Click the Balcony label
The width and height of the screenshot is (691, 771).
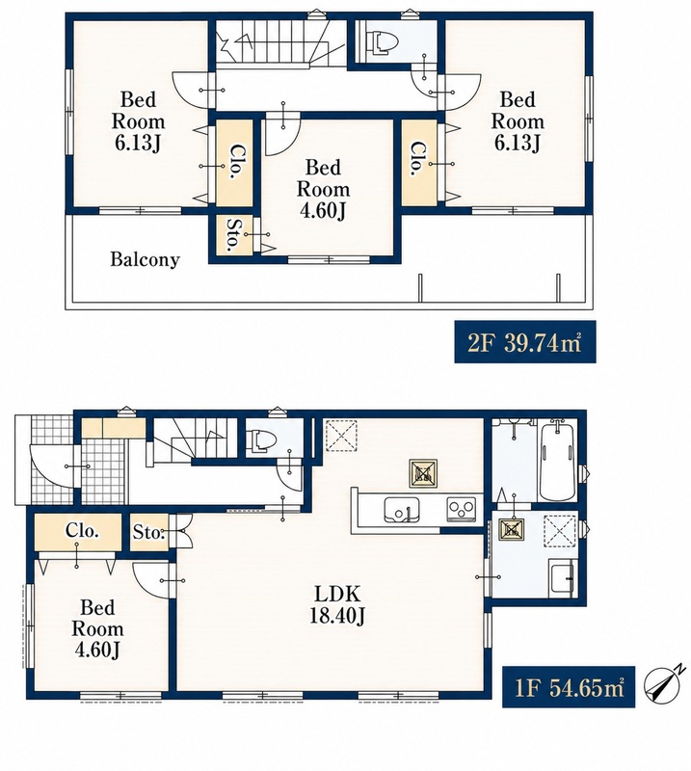pyautogui.click(x=145, y=259)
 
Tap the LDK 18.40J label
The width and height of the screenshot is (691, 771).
pyautogui.click(x=337, y=604)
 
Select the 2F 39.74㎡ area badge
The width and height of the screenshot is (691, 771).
pyautogui.click(x=525, y=342)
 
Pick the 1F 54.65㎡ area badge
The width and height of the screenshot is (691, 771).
pyautogui.click(x=568, y=687)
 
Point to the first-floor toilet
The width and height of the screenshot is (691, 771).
pyautogui.click(x=258, y=439)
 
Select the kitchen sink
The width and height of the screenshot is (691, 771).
pyautogui.click(x=402, y=510)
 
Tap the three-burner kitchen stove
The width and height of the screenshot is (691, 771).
pyautogui.click(x=461, y=509)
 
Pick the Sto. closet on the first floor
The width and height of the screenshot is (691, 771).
pyautogui.click(x=149, y=532)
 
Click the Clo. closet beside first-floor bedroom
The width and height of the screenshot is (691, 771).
pyautogui.click(x=77, y=532)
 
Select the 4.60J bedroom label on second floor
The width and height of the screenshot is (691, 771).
pyautogui.click(x=323, y=189)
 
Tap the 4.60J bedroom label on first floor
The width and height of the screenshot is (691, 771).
pyautogui.click(x=97, y=629)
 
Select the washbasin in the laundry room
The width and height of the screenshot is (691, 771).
pyautogui.click(x=562, y=579)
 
